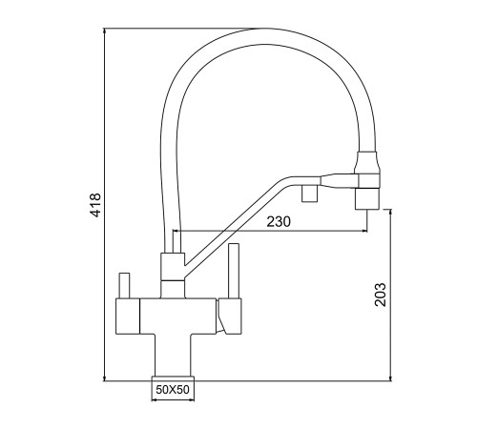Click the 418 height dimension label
tap(95, 205)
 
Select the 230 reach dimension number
tap(279, 221)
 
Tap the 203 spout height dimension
tap(380, 295)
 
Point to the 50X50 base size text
tap(173, 389)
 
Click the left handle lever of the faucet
tap(124, 285)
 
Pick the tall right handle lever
tap(234, 271)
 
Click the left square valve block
tap(128, 317)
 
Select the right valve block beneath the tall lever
tap(229, 317)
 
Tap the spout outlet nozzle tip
tap(367, 198)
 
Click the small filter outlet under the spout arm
tap(310, 194)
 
